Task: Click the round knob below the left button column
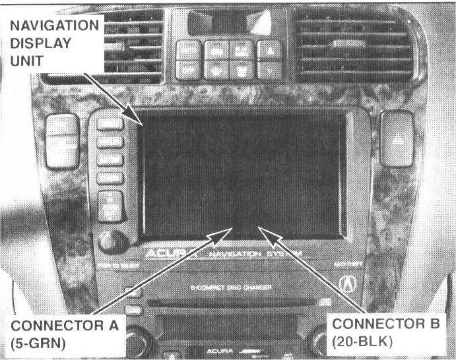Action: (x=109, y=241)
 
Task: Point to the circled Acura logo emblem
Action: (x=349, y=283)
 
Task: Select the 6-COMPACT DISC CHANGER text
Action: (x=228, y=287)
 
